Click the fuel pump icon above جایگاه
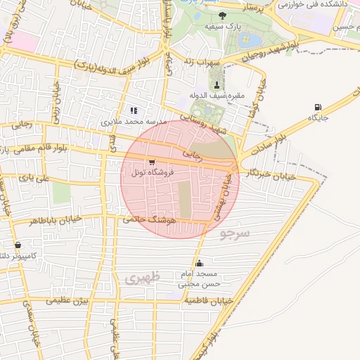pyautogui.click(x=319, y=108)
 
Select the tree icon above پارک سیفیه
pyautogui.click(x=223, y=15)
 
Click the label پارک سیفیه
pyautogui.click(x=219, y=25)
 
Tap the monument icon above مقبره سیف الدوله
pyautogui.click(x=216, y=84)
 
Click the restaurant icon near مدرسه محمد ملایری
pyautogui.click(x=134, y=110)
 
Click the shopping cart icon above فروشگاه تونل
pyautogui.click(x=153, y=162)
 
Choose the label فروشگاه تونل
pyautogui.click(x=149, y=172)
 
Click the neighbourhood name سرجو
pyautogui.click(x=234, y=233)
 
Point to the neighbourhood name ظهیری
pyautogui.click(x=143, y=278)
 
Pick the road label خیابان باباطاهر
pyautogui.click(x=56, y=220)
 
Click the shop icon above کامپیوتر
pyautogui.click(x=18, y=246)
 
